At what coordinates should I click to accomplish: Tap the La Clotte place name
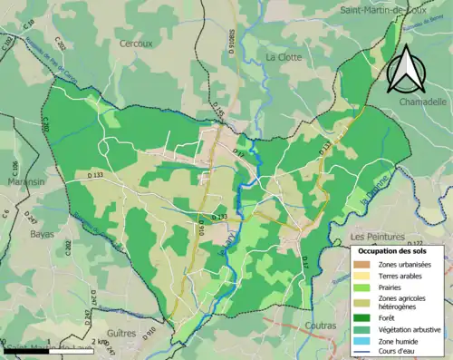(282, 56)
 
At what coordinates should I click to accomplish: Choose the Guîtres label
(121, 333)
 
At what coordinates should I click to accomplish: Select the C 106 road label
(14, 170)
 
